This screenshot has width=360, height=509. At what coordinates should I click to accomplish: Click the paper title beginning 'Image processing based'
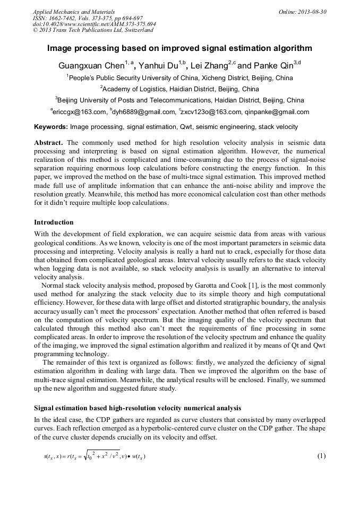[x=179, y=48]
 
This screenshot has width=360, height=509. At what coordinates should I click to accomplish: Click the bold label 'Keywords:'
[x=51, y=127]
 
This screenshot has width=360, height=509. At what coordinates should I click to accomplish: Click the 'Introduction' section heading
[x=54, y=222]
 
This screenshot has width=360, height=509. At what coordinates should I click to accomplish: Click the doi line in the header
[x=95, y=24]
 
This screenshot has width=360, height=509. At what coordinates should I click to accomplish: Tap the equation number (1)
[x=321, y=455]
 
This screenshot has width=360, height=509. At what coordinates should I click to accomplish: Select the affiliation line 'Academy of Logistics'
[x=179, y=89]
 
